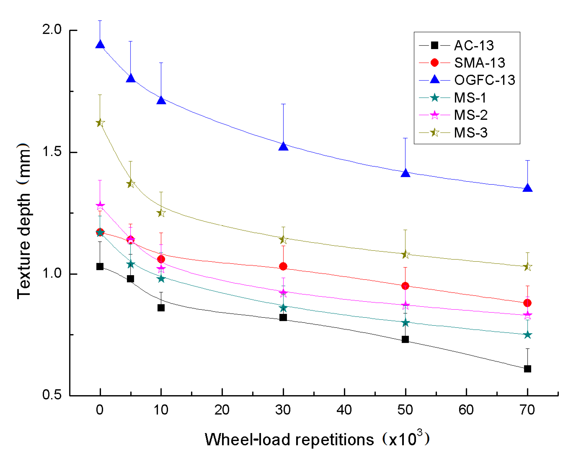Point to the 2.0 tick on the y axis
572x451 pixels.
point(52,29)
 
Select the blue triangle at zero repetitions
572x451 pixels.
point(100,44)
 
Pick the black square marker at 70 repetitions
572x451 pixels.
point(527,369)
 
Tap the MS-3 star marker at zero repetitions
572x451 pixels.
point(100,123)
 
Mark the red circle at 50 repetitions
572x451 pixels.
point(405,286)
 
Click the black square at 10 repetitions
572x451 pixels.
point(161,308)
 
